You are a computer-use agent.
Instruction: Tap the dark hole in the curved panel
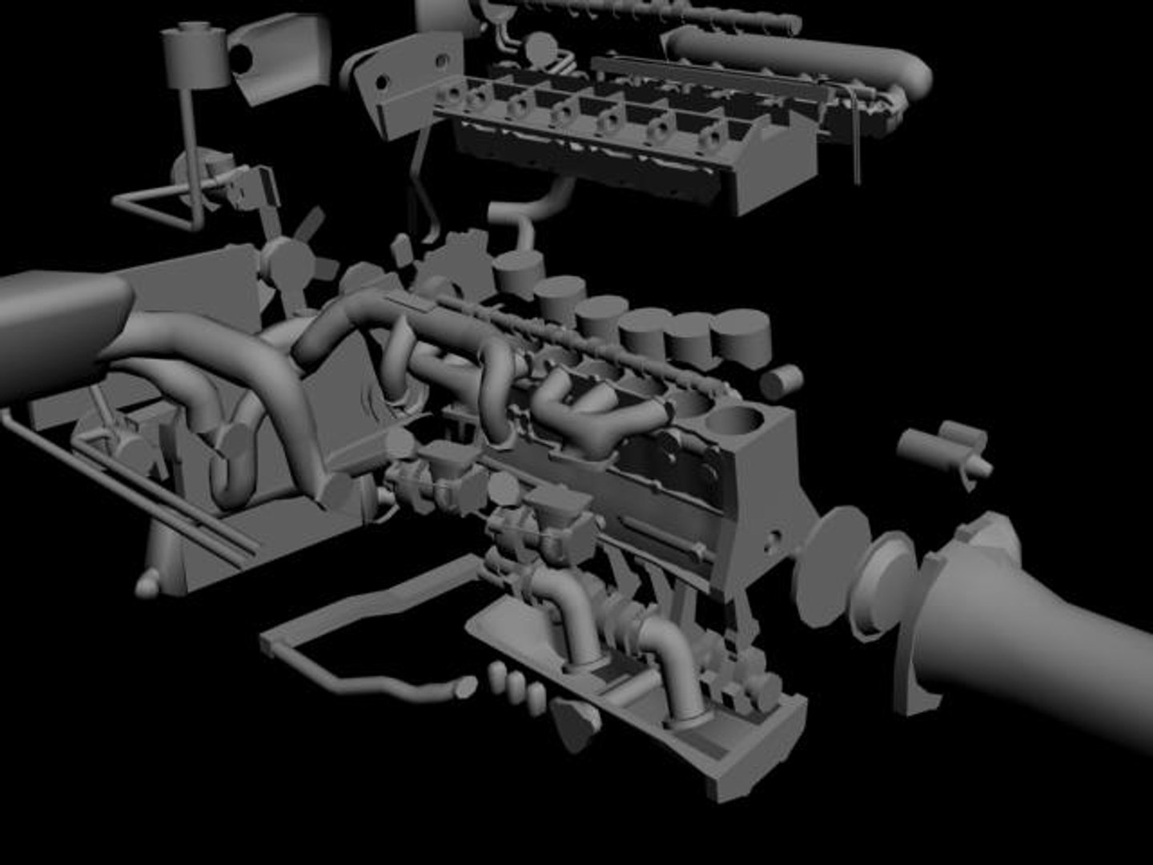pyautogui.click(x=240, y=55)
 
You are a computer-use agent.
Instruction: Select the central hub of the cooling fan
pyautogui.click(x=286, y=259)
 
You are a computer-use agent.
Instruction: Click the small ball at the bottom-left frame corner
pyautogui.click(x=147, y=587)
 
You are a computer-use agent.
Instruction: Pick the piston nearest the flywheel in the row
pyautogui.click(x=740, y=336)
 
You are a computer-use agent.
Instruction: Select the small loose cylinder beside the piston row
pyautogui.click(x=781, y=382)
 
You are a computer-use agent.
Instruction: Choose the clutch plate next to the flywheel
pyautogui.click(x=881, y=585)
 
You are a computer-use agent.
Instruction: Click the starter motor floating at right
pyautogui.click(x=945, y=449)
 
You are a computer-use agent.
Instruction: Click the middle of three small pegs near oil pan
pyautogui.click(x=516, y=684)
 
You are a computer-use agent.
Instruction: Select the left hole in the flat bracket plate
pyautogui.click(x=383, y=81)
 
